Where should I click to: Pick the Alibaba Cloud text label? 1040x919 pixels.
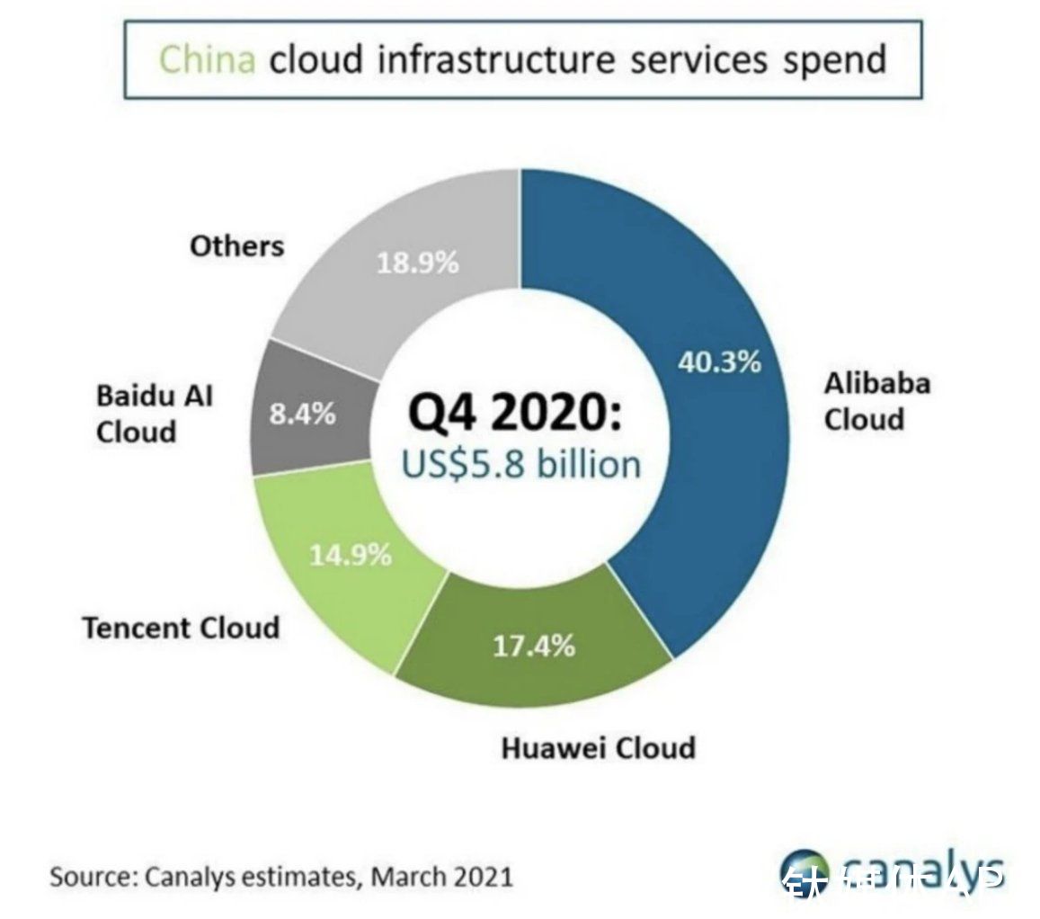click(876, 401)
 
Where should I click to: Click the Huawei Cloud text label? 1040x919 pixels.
click(598, 747)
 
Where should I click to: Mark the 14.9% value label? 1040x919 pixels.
click(351, 555)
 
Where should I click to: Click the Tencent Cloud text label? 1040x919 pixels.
click(181, 627)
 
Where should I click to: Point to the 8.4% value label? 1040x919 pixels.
click(302, 415)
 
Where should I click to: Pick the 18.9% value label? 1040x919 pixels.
click(417, 263)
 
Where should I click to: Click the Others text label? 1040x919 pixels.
click(236, 245)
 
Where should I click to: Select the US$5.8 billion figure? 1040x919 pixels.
click(521, 464)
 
